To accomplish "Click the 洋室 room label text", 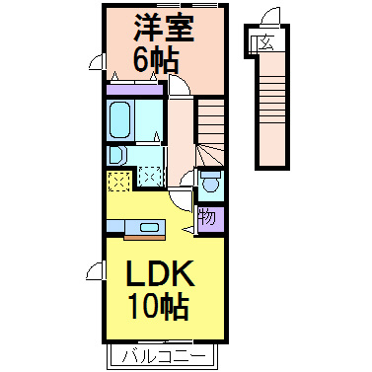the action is tap(163, 28).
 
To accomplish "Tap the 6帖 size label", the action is tap(156, 60).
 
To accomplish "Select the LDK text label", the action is tap(160, 273).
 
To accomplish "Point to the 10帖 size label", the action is tap(159, 307).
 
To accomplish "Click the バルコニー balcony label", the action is tap(164, 356).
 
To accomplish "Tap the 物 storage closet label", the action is tap(208, 217).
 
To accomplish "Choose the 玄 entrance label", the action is tap(266, 42).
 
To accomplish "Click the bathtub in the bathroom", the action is tap(119, 119).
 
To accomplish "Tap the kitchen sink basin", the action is tap(149, 227).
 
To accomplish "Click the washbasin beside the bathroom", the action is tap(116, 155).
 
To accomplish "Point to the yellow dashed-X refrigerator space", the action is tap(119, 181).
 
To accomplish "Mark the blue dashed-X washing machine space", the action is tap(150, 177).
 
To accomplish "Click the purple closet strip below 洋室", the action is tap(135, 90).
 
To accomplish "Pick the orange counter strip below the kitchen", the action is tap(144, 237).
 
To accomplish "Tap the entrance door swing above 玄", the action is tap(269, 16).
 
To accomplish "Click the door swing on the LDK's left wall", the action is tap(96, 270).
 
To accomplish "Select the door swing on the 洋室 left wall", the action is tap(97, 62).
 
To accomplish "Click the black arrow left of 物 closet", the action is tap(188, 229).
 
